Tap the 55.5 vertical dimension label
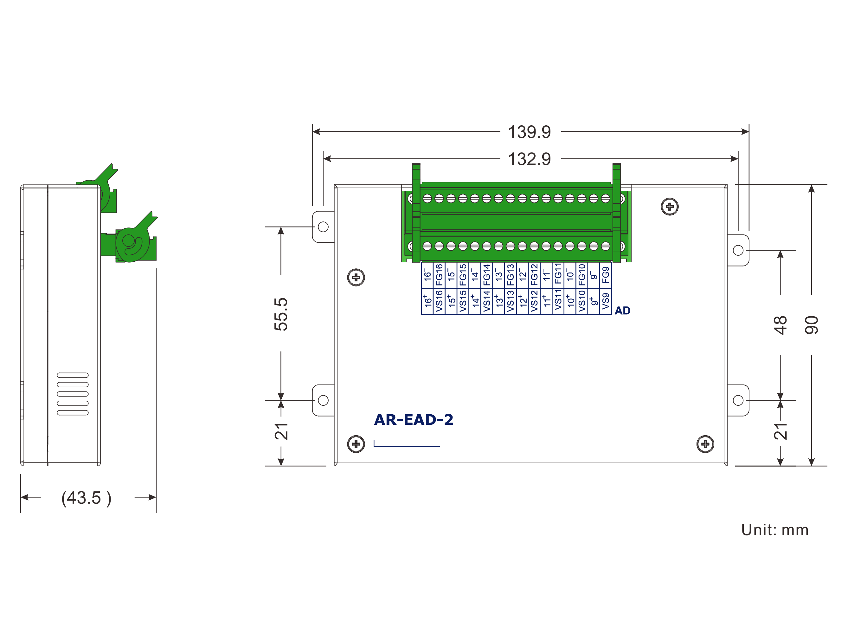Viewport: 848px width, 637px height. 281,314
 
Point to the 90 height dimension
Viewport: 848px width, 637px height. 811,325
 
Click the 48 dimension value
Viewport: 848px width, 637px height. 780,325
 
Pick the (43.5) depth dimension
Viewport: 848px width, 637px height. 87,498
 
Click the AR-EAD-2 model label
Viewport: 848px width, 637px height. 414,419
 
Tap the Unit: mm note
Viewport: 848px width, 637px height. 775,530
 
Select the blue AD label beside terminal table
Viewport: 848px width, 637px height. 622,311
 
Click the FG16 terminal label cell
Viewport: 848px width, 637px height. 439,275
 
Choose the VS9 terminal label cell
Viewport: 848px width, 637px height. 606,301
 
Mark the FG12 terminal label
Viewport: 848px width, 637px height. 534,275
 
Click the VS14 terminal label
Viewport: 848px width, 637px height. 487,301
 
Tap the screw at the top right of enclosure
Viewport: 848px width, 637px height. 670,207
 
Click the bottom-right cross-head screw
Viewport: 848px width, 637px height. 705,444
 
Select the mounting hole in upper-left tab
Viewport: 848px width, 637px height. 323,227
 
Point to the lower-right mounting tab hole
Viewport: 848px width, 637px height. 738,400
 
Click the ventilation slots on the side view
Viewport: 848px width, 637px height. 73,394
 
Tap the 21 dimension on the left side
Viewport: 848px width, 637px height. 281,432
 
